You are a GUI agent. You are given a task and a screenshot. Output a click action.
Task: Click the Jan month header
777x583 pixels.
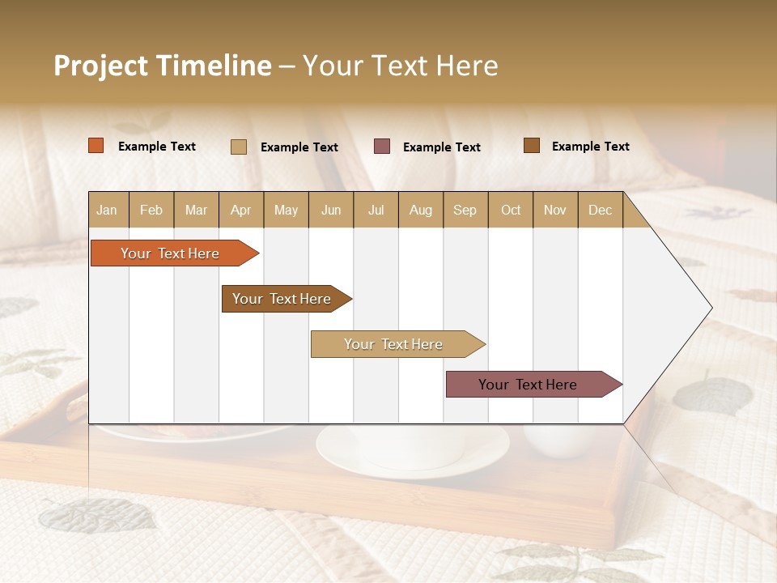107,210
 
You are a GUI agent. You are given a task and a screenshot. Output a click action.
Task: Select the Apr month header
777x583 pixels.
241,210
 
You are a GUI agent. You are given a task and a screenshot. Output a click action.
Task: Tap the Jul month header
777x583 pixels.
376,210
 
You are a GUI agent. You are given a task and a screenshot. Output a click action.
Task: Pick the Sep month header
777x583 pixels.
465,210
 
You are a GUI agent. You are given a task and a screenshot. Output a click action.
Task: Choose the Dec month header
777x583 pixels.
600,210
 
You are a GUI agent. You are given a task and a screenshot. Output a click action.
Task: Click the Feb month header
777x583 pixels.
151,210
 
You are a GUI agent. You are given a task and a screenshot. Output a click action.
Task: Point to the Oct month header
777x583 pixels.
511,210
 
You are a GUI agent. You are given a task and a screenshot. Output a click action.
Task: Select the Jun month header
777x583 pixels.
331,210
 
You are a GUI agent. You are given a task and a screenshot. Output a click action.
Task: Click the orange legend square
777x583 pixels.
96,146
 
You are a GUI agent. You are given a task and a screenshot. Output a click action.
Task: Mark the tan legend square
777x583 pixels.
239,147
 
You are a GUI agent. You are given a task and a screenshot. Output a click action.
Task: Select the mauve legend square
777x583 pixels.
382,147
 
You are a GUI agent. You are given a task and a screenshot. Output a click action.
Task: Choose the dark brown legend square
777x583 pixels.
532,146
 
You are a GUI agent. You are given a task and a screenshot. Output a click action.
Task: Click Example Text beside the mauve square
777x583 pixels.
442,147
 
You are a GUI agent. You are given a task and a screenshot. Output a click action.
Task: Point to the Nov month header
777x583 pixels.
555,210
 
